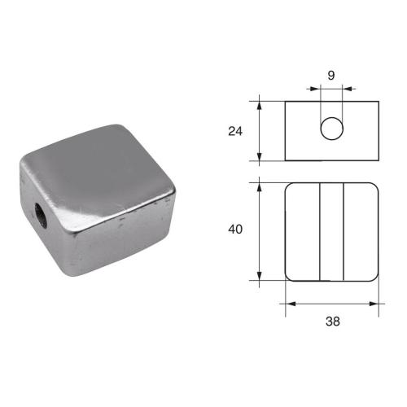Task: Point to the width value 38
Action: click(x=332, y=321)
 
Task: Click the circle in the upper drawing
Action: click(x=331, y=129)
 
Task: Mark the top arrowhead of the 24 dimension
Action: click(x=260, y=103)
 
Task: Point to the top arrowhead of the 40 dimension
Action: click(x=260, y=186)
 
